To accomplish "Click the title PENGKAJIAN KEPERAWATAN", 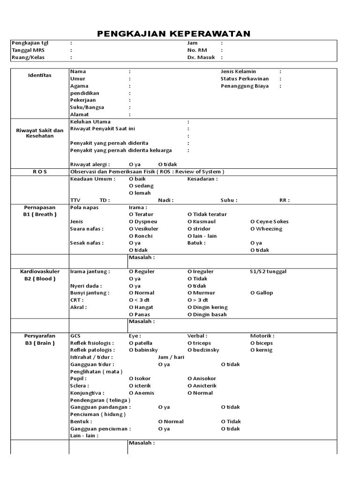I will click(x=173, y=34).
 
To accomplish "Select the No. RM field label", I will click(x=197, y=50).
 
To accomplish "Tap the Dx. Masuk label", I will click(x=201, y=57).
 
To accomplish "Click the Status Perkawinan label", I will click(x=245, y=79).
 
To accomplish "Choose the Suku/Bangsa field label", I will click(x=87, y=107).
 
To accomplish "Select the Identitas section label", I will click(x=39, y=75).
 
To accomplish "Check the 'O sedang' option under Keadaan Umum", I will click(x=141, y=186).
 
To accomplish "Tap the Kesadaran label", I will click(x=202, y=179).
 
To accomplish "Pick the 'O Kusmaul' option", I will click(x=202, y=221).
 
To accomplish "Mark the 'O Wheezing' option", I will click(x=266, y=229).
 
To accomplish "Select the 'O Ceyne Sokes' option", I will click(x=269, y=221).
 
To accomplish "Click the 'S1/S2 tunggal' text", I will click(x=268, y=271).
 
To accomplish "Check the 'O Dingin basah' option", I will click(x=207, y=315).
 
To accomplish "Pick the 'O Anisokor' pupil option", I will click(x=202, y=378).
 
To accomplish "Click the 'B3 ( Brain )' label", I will click(x=40, y=343).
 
